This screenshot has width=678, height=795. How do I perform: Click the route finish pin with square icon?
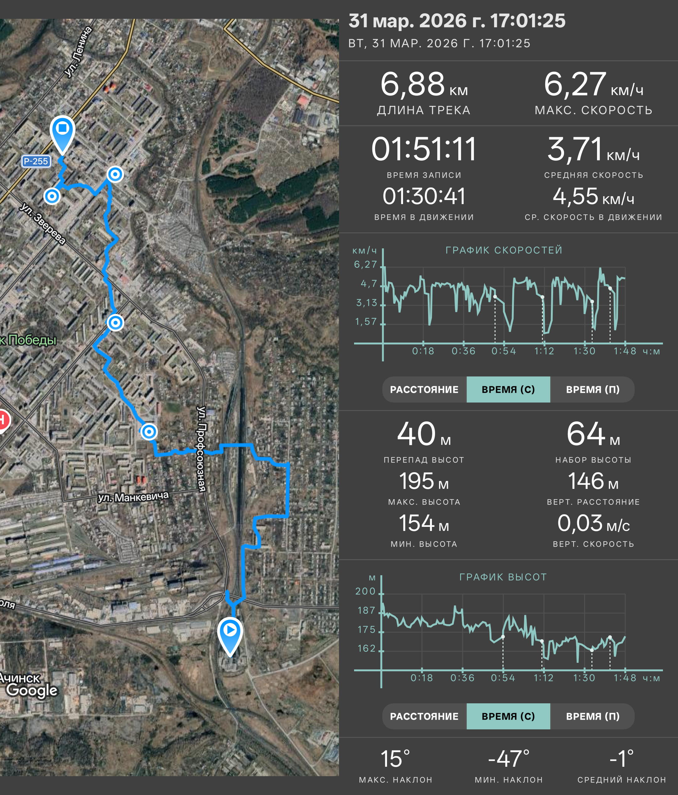tap(62, 134)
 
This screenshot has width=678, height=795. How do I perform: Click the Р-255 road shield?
tap(36, 161)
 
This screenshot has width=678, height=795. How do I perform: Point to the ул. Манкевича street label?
tap(133, 497)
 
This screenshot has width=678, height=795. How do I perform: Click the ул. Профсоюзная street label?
tap(201, 449)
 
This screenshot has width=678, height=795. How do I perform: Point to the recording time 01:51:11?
tap(424, 149)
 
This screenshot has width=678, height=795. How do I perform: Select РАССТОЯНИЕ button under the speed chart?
tap(424, 389)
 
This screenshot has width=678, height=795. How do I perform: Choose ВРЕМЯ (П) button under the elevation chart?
tap(593, 716)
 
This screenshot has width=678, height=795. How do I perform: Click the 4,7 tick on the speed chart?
tap(369, 284)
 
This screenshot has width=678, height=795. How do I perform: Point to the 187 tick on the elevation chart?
tap(366, 610)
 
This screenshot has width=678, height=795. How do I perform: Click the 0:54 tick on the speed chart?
tap(504, 351)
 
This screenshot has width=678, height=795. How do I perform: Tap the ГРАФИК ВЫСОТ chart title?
tap(503, 577)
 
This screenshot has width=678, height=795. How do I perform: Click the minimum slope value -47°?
tap(508, 759)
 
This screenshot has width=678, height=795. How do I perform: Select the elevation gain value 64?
tap(586, 434)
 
